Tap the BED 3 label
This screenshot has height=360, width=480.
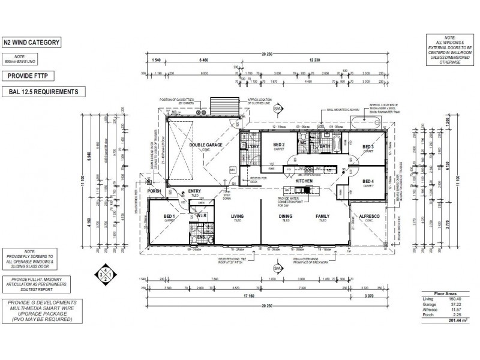(x=368, y=147)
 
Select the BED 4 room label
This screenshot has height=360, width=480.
(x=368, y=182)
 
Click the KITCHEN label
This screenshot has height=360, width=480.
(x=304, y=180)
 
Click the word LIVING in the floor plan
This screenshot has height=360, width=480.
(x=237, y=216)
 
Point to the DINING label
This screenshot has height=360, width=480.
(x=286, y=216)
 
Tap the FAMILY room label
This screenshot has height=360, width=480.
(x=323, y=216)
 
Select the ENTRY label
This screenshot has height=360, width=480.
(x=195, y=191)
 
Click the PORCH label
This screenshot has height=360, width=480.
(x=155, y=192)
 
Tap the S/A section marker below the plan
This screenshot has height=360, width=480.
(x=276, y=268)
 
